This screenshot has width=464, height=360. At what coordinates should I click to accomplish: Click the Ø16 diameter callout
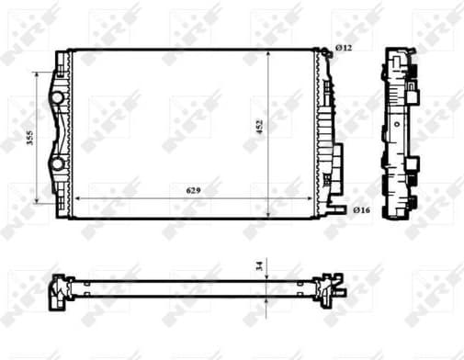[360, 211]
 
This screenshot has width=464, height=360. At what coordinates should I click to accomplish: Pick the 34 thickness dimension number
[259, 266]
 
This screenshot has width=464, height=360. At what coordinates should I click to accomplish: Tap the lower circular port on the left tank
[58, 164]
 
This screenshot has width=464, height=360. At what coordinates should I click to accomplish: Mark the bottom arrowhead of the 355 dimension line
[38, 201]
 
